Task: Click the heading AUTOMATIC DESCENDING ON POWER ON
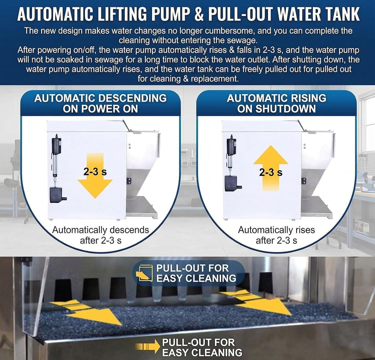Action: (x=100, y=104)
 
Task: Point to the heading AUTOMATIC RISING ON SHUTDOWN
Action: (x=276, y=104)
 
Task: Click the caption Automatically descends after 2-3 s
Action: (x=101, y=235)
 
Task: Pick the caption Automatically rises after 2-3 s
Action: (x=276, y=235)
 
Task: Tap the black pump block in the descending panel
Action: (x=56, y=195)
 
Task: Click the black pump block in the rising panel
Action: (x=231, y=184)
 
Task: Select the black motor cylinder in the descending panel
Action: (x=56, y=145)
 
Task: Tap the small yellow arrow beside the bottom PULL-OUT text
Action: (x=148, y=346)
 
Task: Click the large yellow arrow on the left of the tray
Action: (x=86, y=312)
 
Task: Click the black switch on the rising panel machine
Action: (x=304, y=181)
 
